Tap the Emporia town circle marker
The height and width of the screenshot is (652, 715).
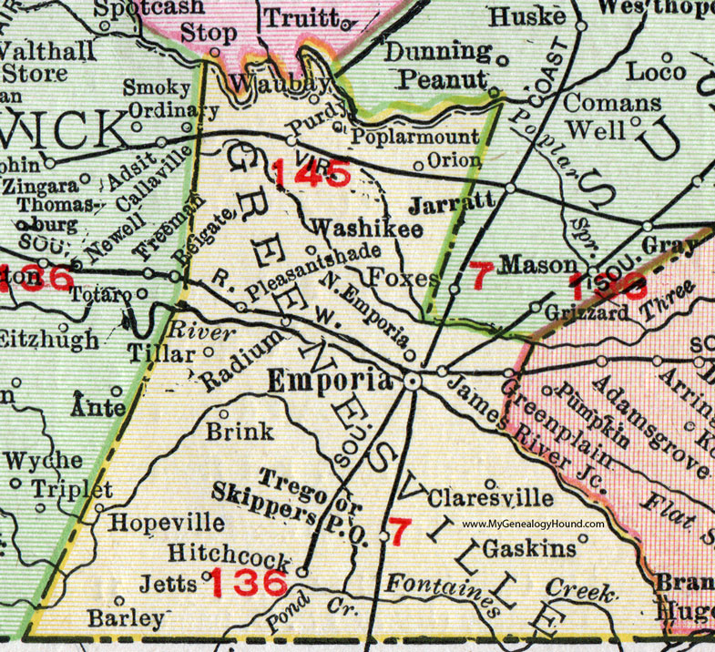point(412,382)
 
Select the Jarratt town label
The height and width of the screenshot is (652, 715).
point(451,202)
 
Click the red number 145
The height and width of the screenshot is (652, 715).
point(310,170)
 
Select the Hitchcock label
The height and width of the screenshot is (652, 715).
point(230,553)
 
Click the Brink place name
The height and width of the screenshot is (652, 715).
point(240,432)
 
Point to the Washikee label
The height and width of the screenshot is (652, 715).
point(367,229)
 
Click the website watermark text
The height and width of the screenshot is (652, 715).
point(533,525)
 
